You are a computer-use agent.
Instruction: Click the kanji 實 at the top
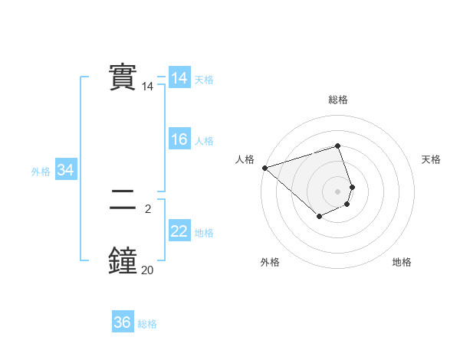(x=123, y=77)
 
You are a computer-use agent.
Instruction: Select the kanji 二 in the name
(x=123, y=201)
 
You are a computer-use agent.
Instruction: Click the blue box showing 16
(x=179, y=139)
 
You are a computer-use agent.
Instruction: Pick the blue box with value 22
(x=179, y=231)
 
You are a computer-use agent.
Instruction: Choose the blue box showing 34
(x=65, y=170)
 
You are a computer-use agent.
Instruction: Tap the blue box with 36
(x=123, y=322)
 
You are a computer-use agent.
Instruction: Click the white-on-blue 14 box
(x=179, y=78)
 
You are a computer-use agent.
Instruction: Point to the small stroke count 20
(x=147, y=270)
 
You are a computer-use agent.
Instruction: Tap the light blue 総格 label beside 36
(x=147, y=324)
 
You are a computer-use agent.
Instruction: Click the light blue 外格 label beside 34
(x=41, y=172)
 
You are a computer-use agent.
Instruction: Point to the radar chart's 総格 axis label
(x=337, y=100)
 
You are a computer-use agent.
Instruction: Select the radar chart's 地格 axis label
(x=402, y=262)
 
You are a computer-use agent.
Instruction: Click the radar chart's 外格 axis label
(x=270, y=262)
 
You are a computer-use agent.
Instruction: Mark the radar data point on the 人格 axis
(x=264, y=167)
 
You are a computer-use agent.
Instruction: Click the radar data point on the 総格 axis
(x=337, y=146)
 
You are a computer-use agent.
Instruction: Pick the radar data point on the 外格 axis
(x=319, y=217)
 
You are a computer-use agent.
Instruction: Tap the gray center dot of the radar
(x=337, y=191)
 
